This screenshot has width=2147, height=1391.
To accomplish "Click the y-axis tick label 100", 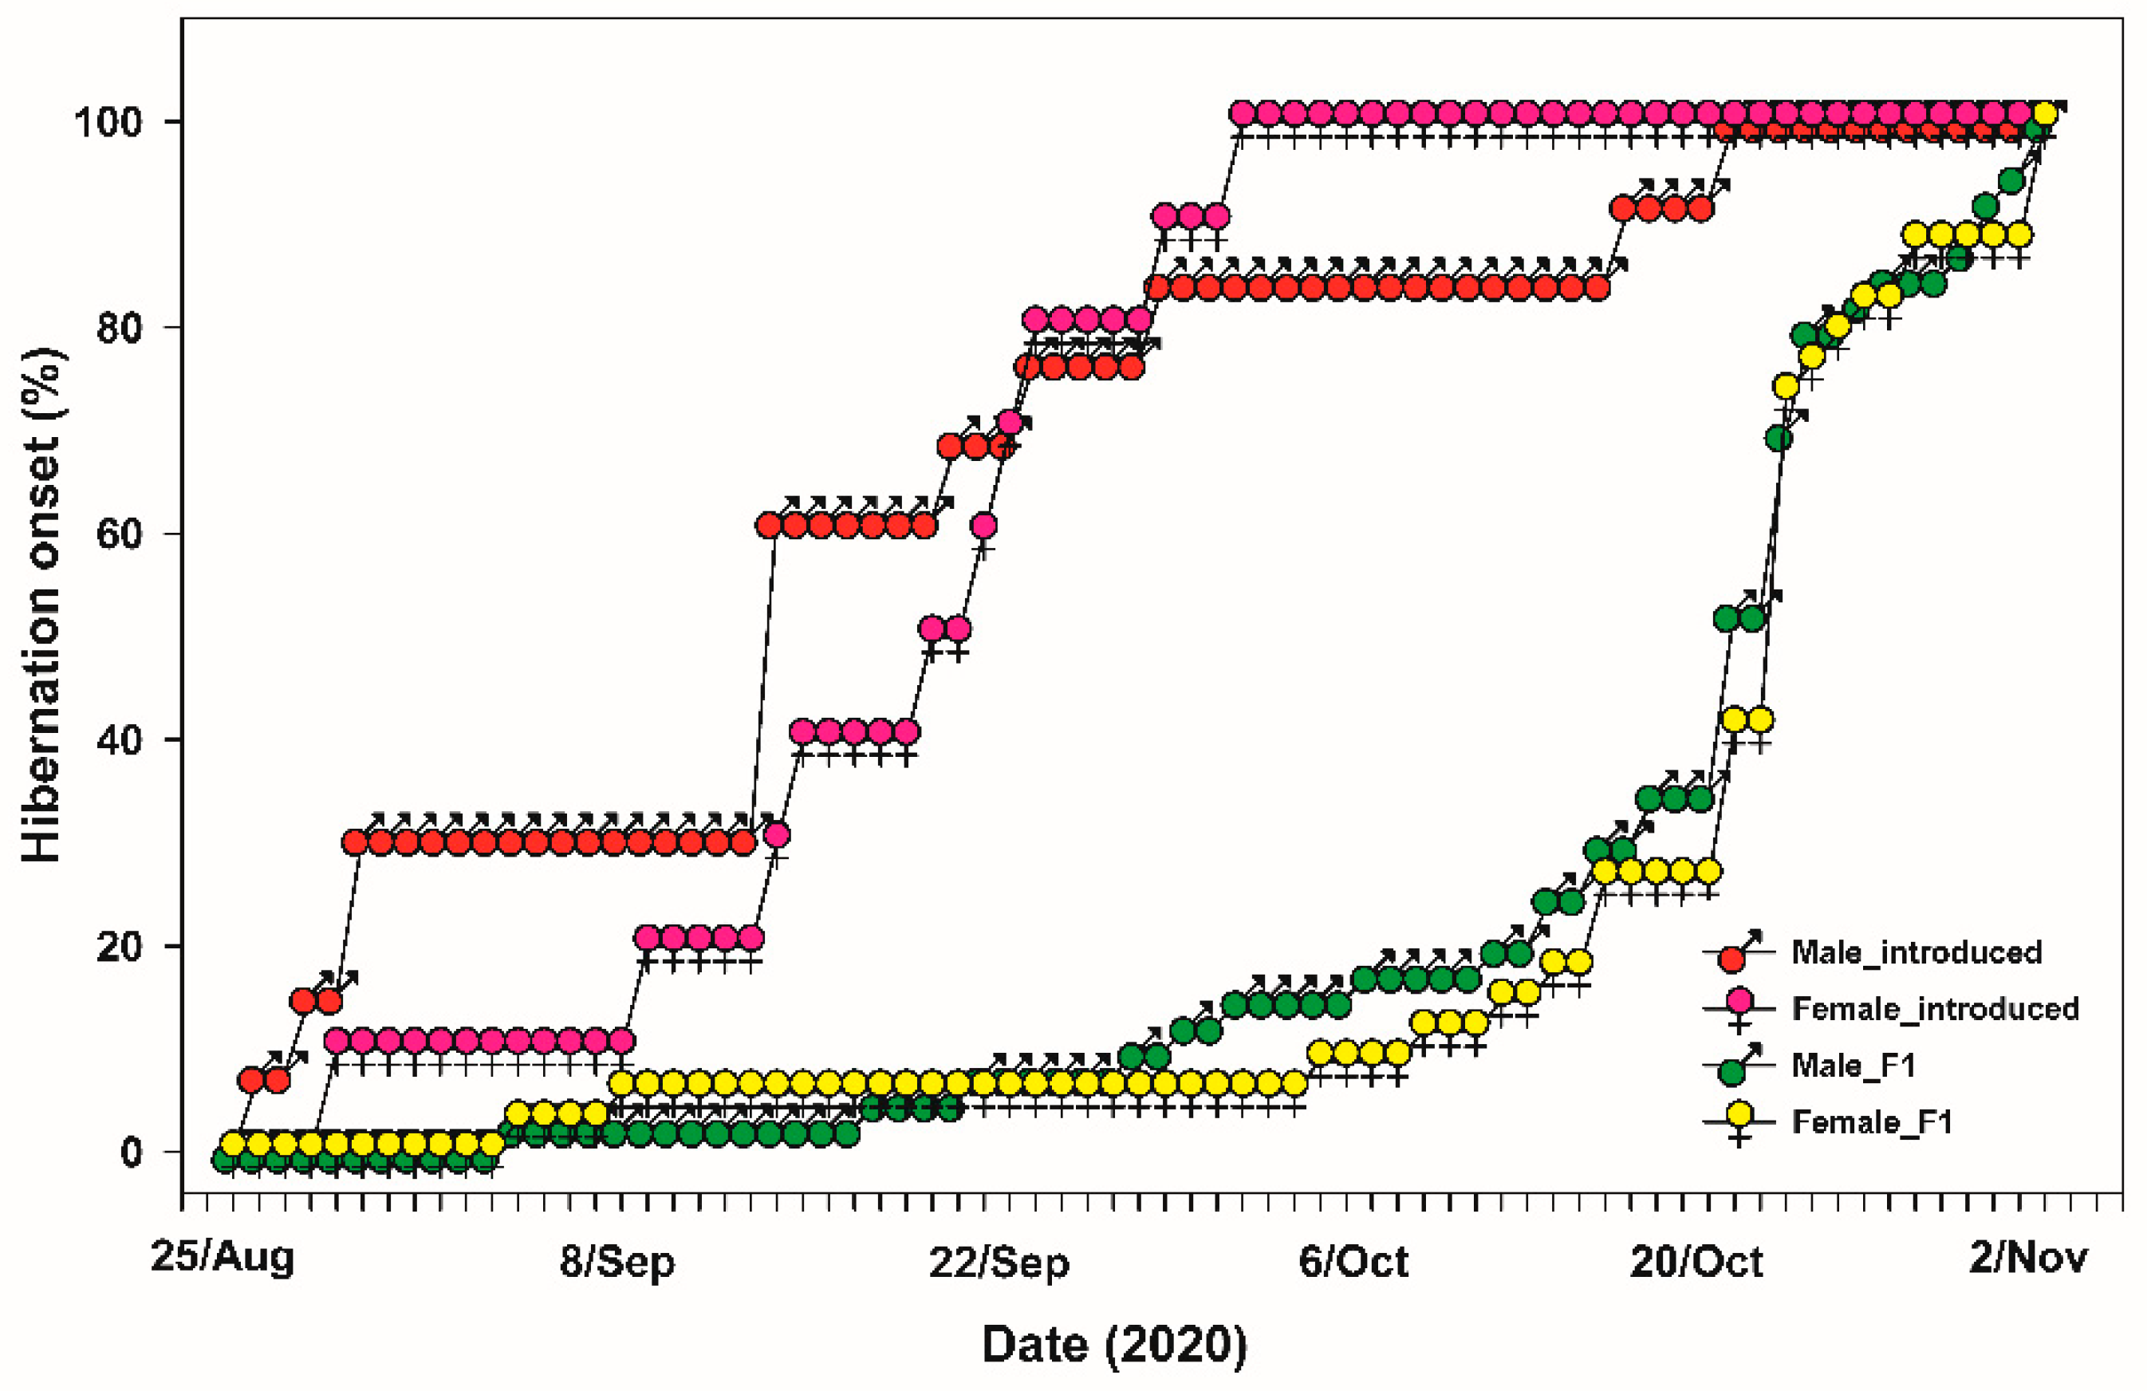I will pos(108,122).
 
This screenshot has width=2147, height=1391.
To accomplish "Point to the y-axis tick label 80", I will pos(120,328).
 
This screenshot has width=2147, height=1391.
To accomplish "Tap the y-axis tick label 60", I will pos(120,533).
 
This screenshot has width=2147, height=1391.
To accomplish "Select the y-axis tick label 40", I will pos(120,739).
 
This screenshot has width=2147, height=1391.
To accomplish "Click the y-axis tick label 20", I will pos(120,946).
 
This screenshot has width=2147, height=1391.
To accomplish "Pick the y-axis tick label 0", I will pos(132,1152).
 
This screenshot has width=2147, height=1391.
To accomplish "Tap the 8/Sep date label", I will pos(617,1260).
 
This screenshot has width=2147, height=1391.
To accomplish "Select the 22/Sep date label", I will pos(999,1260).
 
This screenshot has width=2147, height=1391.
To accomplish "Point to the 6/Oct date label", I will pos(1353,1260).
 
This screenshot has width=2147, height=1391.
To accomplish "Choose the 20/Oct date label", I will pos(1696,1260).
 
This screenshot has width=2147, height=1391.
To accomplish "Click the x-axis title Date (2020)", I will pos(1114,1345).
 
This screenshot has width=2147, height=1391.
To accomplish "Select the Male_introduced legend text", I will pos(1916,952).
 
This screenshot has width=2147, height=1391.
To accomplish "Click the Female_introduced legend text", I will pos(1935,1007).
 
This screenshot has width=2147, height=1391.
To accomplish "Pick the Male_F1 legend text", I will pos(1853,1066).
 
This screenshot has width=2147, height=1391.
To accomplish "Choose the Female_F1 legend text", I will pos(1872,1122).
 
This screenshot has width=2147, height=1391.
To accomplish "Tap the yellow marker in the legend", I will pos(1739,1116).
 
